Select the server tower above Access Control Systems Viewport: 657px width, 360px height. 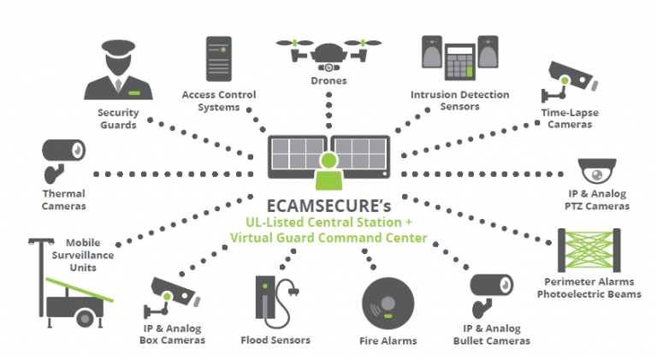pyautogui.click(x=216, y=58)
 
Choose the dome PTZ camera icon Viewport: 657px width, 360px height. pyautogui.click(x=595, y=171)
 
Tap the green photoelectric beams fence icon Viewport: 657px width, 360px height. pyautogui.click(x=590, y=248)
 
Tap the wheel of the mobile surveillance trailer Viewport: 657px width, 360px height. pyautogui.click(x=83, y=319)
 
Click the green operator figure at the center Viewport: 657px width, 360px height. pyautogui.click(x=328, y=170)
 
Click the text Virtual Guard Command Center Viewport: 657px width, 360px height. pyautogui.click(x=328, y=237)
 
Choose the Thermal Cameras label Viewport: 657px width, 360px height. pyautogui.click(x=63, y=199)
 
